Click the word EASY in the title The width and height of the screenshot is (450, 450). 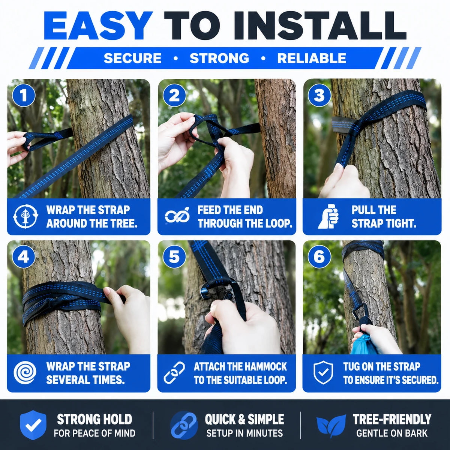tap(97, 26)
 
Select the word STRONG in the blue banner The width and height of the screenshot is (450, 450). tap(219, 58)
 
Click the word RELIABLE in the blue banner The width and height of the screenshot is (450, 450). tap(312, 58)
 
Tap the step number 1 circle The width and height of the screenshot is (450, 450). tap(24, 96)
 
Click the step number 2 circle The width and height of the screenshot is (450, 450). tap(174, 96)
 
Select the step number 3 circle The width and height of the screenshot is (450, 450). tap(319, 96)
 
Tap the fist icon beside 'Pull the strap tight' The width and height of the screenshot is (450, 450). tap(328, 216)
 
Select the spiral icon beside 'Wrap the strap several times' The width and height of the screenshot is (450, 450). tap(25, 373)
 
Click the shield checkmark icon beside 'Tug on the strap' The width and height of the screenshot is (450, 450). tap(323, 373)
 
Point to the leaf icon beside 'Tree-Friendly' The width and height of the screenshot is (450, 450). tap(331, 425)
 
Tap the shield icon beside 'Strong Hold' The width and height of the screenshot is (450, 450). tap(33, 425)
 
